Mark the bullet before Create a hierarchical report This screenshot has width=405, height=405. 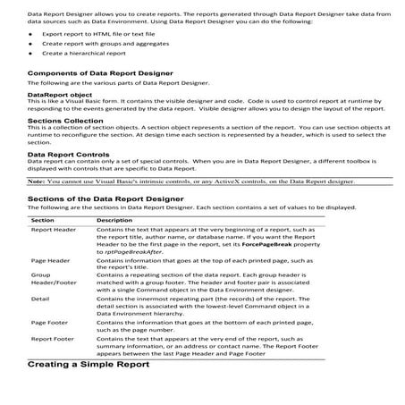point(31,53)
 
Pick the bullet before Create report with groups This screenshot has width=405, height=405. point(31,43)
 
